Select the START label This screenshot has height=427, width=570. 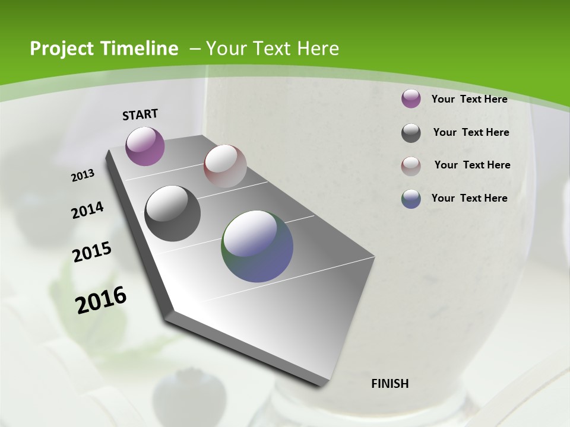pos(140,114)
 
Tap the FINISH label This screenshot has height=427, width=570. pos(390,384)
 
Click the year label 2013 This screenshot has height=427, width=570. pos(83,175)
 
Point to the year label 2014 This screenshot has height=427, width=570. pos(88,210)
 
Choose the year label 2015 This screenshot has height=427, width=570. pos(92,252)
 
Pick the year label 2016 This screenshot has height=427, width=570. pos(102,299)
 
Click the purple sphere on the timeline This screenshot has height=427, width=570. pos(145,146)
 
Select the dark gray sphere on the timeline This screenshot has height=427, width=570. pos(172,213)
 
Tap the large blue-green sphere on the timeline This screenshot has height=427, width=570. pos(257,246)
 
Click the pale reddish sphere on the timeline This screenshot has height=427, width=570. pos(225,165)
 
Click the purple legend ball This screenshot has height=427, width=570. pos(411,98)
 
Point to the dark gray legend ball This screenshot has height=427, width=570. pos(411,133)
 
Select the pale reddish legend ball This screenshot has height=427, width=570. pos(411,166)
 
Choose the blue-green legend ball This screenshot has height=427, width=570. pos(411,199)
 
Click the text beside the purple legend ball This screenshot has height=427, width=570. pos(469,99)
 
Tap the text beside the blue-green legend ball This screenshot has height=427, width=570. pos(469,198)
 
